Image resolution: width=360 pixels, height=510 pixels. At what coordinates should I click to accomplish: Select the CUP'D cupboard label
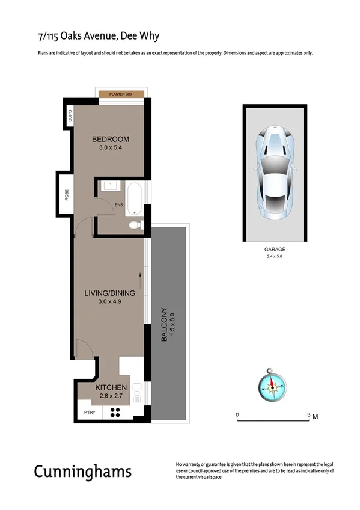pyautogui.click(x=70, y=116)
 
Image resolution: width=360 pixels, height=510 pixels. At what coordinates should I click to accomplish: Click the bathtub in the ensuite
pyautogui.click(x=134, y=198)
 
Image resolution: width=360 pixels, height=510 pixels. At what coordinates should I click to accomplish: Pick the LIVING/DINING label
pyautogui.click(x=109, y=293)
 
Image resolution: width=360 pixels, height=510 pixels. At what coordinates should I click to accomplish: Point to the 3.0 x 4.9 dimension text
pyautogui.click(x=109, y=302)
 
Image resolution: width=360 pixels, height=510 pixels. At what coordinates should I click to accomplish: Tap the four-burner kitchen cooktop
pyautogui.click(x=115, y=413)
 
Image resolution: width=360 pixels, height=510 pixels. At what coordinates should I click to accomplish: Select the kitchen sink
pyautogui.click(x=137, y=393)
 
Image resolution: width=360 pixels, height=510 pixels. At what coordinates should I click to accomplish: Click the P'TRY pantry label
pyautogui.click(x=90, y=413)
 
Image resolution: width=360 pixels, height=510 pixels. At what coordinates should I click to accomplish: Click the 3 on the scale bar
pyautogui.click(x=308, y=415)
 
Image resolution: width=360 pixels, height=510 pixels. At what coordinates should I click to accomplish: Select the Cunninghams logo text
pyautogui.click(x=82, y=471)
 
